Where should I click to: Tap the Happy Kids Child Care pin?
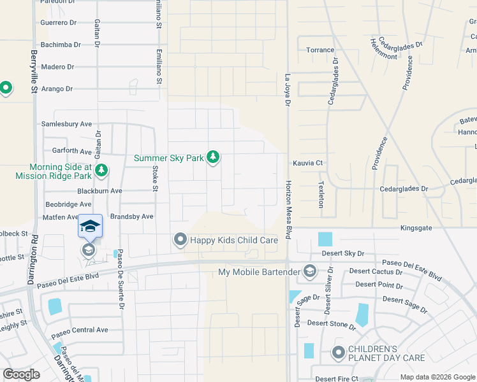pyautogui.click(x=180, y=240)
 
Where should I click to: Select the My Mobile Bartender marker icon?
pyautogui.click(x=310, y=272)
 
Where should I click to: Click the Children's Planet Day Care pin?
pyautogui.click(x=338, y=352)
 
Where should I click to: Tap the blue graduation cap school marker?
pyautogui.click(x=90, y=228)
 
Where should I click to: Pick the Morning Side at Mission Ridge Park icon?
pyautogui.click(x=101, y=170)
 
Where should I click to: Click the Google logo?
pyautogui.click(x=22, y=374)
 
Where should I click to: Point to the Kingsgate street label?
pyautogui.click(x=416, y=227)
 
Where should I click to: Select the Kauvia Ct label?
pyautogui.click(x=307, y=163)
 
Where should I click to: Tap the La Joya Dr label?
pyautogui.click(x=288, y=89)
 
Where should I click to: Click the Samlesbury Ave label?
pyautogui.click(x=66, y=124)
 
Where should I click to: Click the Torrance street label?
pyautogui.click(x=320, y=50)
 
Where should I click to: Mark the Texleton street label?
pyautogui.click(x=321, y=192)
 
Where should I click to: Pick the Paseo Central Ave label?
pyautogui.click(x=80, y=330)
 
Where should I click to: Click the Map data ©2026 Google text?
pyautogui.click(x=437, y=377)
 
